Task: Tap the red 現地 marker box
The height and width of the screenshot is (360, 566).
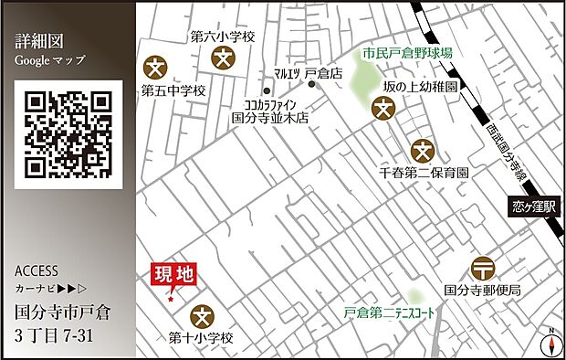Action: click(x=173, y=273)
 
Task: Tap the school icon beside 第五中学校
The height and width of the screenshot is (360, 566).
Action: click(x=157, y=67)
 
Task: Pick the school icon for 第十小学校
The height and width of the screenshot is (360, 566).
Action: click(x=201, y=315)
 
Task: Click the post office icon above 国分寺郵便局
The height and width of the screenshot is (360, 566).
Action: click(x=482, y=269)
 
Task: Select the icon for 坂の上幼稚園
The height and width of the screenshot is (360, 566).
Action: click(x=384, y=109)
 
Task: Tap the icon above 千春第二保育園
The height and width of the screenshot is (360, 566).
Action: click(x=422, y=149)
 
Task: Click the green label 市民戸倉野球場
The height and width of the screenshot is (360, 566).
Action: click(x=406, y=54)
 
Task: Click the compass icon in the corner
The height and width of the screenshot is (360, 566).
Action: click(x=550, y=343)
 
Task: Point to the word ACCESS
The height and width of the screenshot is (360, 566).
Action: click(x=37, y=271)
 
